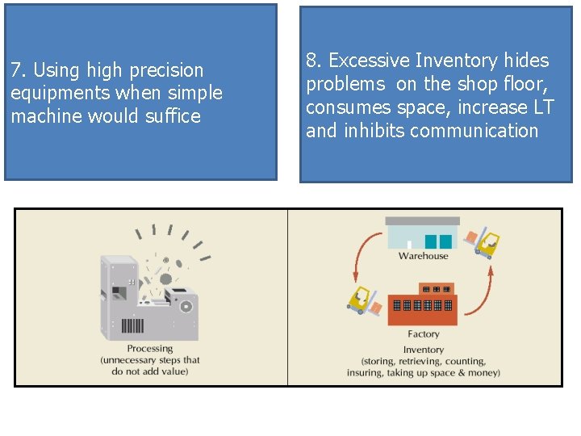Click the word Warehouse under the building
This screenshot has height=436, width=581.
pos(423,256)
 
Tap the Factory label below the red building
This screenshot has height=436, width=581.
pos(424,333)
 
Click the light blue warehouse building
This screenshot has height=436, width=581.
pos(422,233)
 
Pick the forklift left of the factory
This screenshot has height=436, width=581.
pos(365,300)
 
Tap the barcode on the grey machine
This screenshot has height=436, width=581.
pos(133,326)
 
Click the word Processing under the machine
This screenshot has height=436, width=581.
pos(150,349)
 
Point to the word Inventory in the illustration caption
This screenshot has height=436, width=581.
pos(424,350)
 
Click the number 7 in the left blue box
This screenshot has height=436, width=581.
pos(15,70)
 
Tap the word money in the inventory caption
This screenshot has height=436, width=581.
pos(483,372)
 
